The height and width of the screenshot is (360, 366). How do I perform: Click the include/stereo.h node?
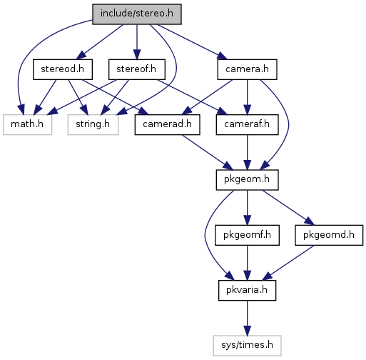[x=137, y=14]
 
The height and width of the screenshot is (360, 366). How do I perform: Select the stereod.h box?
[x=63, y=69]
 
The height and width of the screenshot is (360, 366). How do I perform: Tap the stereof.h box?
[x=137, y=69]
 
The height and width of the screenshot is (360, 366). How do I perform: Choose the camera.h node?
[x=247, y=69]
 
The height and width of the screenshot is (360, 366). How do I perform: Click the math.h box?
[x=27, y=124]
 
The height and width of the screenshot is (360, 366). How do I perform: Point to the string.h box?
[x=93, y=124]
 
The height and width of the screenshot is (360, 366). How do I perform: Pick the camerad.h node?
[x=167, y=124]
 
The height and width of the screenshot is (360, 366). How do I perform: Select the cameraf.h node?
[x=247, y=124]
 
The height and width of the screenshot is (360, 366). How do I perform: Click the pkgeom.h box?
[x=247, y=180]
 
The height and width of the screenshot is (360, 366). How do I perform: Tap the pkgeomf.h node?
[x=247, y=235]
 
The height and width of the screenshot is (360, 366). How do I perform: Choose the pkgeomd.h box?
[x=329, y=235]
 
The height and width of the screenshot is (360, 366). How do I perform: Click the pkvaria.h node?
[x=247, y=290]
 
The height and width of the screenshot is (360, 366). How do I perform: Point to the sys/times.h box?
[x=247, y=346]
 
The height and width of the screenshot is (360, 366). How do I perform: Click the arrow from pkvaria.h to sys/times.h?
[x=247, y=318]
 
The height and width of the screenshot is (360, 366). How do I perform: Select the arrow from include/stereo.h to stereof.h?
[x=137, y=42]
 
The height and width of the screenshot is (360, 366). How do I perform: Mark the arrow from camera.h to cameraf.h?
[x=247, y=97]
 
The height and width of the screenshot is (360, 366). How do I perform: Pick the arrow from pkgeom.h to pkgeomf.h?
[x=247, y=208]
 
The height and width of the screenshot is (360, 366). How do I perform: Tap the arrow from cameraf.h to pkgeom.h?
[x=247, y=152]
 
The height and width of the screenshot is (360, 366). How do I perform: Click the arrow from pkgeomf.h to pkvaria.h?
[x=247, y=263]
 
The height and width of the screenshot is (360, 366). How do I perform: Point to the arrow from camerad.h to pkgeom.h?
[x=207, y=152]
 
